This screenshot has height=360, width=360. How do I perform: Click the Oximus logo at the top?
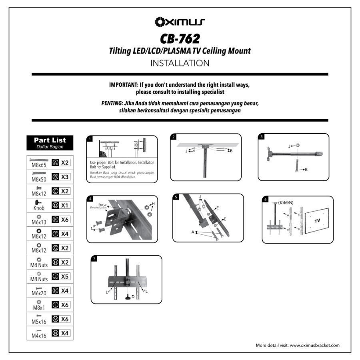180,21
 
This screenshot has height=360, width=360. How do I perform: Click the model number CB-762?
180,38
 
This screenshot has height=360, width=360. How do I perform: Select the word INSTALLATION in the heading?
180,63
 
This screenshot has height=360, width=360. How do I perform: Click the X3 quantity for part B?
65,176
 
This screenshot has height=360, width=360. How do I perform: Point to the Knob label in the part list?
39,208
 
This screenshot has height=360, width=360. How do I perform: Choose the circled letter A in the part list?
56,162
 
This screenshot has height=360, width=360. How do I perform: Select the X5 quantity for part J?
65,276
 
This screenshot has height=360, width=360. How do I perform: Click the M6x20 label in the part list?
39,293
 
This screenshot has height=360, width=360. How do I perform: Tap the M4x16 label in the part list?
39,336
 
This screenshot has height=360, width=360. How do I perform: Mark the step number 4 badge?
90,199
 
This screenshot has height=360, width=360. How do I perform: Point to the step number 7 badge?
94,259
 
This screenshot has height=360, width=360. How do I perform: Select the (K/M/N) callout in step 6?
286,202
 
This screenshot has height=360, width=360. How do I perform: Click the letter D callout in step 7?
133,296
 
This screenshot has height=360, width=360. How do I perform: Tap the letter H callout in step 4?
153,204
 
